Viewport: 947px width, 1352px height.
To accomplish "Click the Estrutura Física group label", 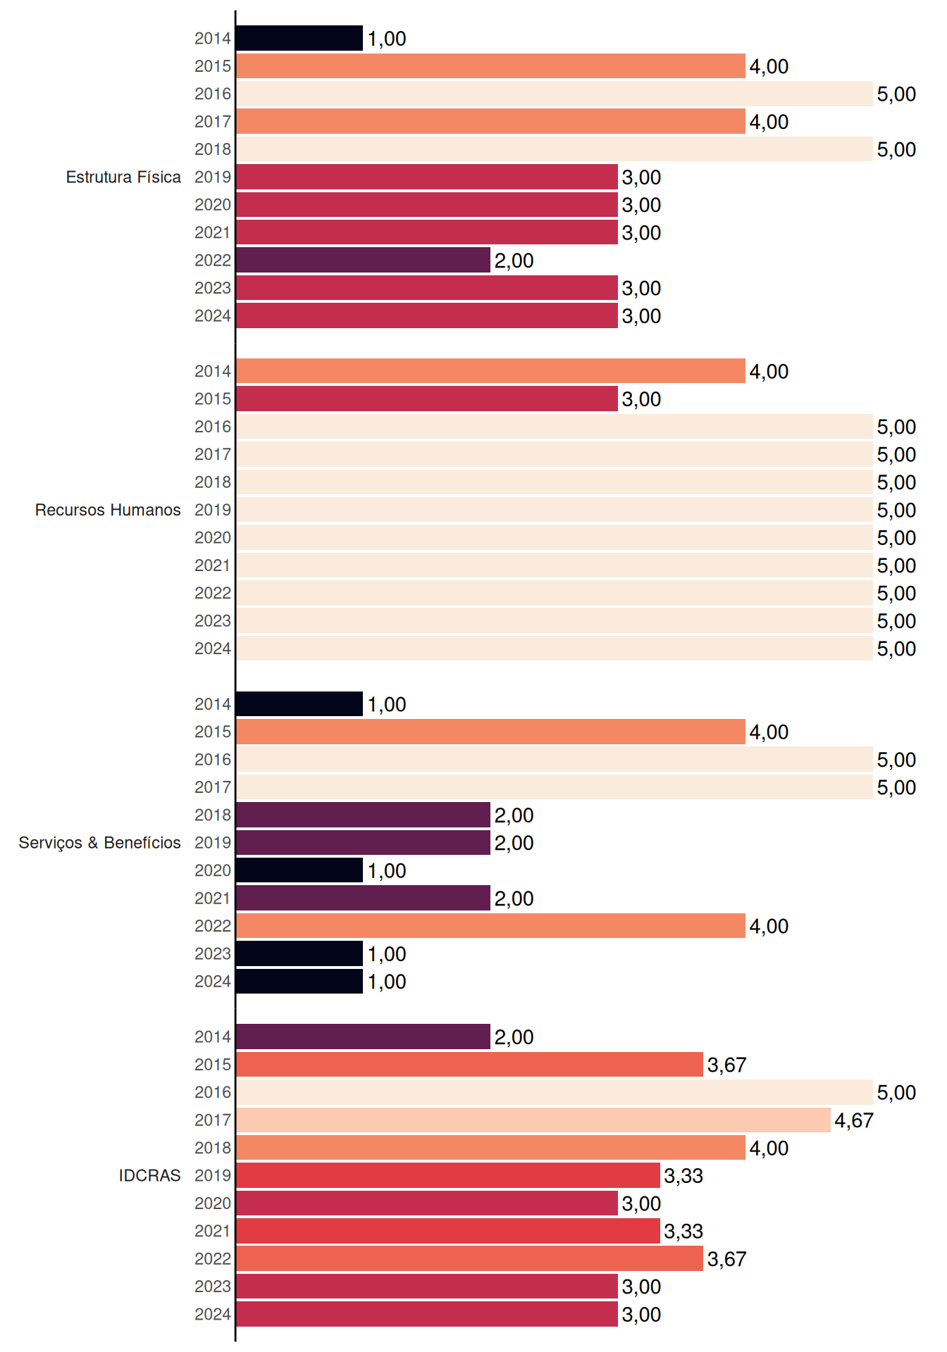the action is (123, 177).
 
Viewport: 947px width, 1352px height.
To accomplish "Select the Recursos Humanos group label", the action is (108, 510).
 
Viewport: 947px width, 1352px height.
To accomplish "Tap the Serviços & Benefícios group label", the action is (99, 843).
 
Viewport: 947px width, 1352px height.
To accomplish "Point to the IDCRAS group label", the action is (149, 1175).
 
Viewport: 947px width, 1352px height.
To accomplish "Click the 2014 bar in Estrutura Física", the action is (299, 38).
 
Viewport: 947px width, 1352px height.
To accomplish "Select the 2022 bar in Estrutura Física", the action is (364, 260).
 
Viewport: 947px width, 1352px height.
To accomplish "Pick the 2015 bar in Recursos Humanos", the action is (427, 399).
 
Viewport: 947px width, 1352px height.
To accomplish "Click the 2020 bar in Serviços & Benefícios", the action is (299, 870).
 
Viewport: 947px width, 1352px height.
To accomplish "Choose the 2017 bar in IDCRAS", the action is (533, 1120).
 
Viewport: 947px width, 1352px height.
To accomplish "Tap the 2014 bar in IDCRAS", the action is (364, 1037).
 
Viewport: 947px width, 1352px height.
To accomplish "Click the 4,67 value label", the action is (854, 1120).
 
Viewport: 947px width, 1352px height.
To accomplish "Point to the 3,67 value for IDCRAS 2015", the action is (726, 1065).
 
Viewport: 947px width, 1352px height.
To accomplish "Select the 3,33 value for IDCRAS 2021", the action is (683, 1231).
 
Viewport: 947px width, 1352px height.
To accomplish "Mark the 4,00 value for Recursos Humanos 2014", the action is (769, 371).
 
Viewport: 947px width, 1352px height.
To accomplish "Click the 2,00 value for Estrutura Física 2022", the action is (514, 261).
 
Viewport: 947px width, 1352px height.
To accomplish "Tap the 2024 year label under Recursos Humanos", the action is (213, 649).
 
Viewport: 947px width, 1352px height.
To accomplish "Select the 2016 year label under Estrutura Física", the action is (213, 94).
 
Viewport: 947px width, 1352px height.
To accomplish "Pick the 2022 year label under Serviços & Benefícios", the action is (213, 926).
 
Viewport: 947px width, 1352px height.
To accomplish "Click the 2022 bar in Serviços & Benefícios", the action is (491, 925).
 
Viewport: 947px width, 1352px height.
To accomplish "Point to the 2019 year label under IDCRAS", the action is (213, 1175).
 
